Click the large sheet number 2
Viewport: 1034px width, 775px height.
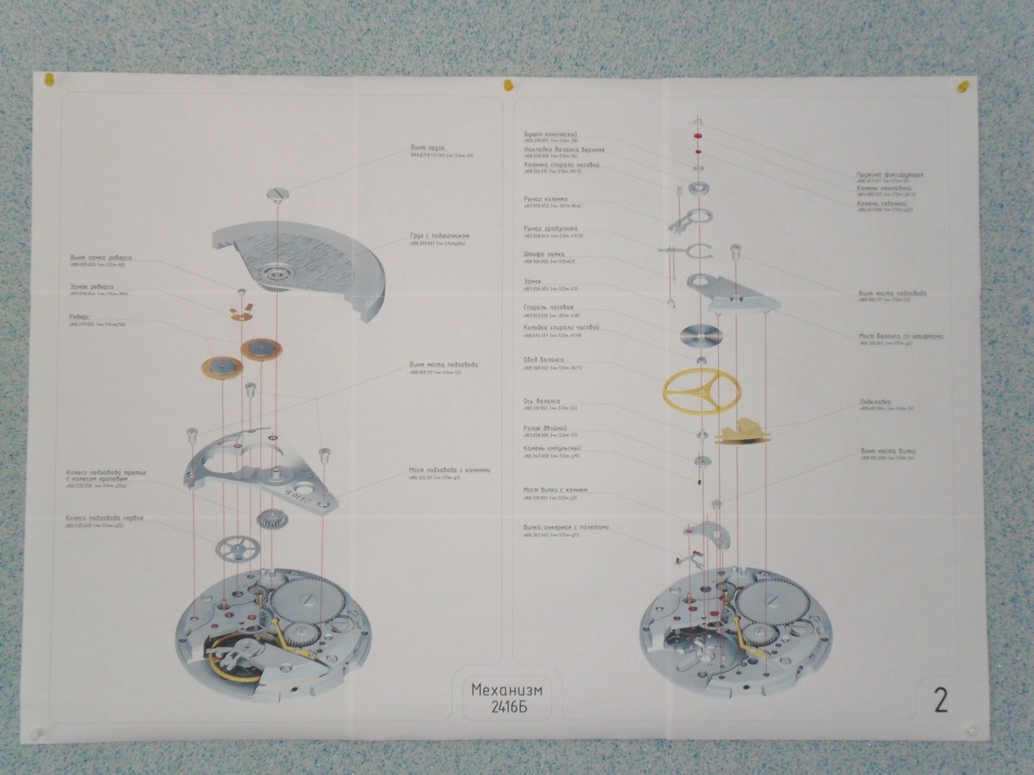click(940, 698)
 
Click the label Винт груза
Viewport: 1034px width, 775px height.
click(427, 148)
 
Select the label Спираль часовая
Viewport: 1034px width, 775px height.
click(549, 308)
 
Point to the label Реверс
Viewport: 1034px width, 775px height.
click(79, 317)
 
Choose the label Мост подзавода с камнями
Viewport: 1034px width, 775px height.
click(449, 471)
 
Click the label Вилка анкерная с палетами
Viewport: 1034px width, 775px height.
click(565, 527)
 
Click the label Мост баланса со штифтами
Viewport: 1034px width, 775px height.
click(899, 336)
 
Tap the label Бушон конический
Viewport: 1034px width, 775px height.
click(550, 134)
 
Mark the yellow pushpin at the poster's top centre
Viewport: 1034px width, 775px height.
click(507, 84)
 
